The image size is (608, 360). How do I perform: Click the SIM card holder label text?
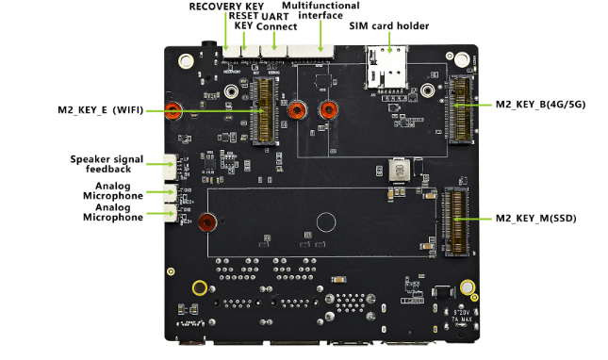(x=389, y=26)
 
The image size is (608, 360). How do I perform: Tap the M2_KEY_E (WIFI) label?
(x=101, y=110)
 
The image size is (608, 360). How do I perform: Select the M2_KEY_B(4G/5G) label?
(x=540, y=105)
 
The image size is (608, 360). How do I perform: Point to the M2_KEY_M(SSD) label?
(x=535, y=219)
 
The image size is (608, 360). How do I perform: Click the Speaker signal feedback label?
(x=107, y=164)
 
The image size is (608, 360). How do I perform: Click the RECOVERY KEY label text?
(x=226, y=7)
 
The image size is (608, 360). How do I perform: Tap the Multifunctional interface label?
(x=320, y=10)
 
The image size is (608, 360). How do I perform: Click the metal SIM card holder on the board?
(x=386, y=68)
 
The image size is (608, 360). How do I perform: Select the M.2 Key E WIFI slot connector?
(x=265, y=110)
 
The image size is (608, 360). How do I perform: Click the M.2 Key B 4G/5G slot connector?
(x=461, y=109)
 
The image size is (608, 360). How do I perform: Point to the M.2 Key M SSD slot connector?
(x=455, y=221)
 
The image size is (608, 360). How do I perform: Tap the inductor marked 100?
(x=400, y=170)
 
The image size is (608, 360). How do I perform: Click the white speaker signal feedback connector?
(x=170, y=167)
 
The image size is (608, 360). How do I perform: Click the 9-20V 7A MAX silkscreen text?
(x=462, y=316)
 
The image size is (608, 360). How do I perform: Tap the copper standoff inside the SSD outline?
(x=207, y=222)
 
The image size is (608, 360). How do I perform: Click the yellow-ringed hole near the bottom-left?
(x=200, y=288)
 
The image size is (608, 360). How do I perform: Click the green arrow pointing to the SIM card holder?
(x=389, y=42)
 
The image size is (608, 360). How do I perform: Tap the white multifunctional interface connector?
(x=310, y=52)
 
